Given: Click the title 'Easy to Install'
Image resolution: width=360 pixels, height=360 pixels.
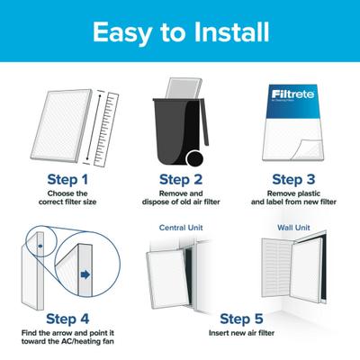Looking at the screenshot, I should tap(180, 34).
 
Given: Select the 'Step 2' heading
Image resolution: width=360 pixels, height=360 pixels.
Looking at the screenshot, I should tap(180, 179).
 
